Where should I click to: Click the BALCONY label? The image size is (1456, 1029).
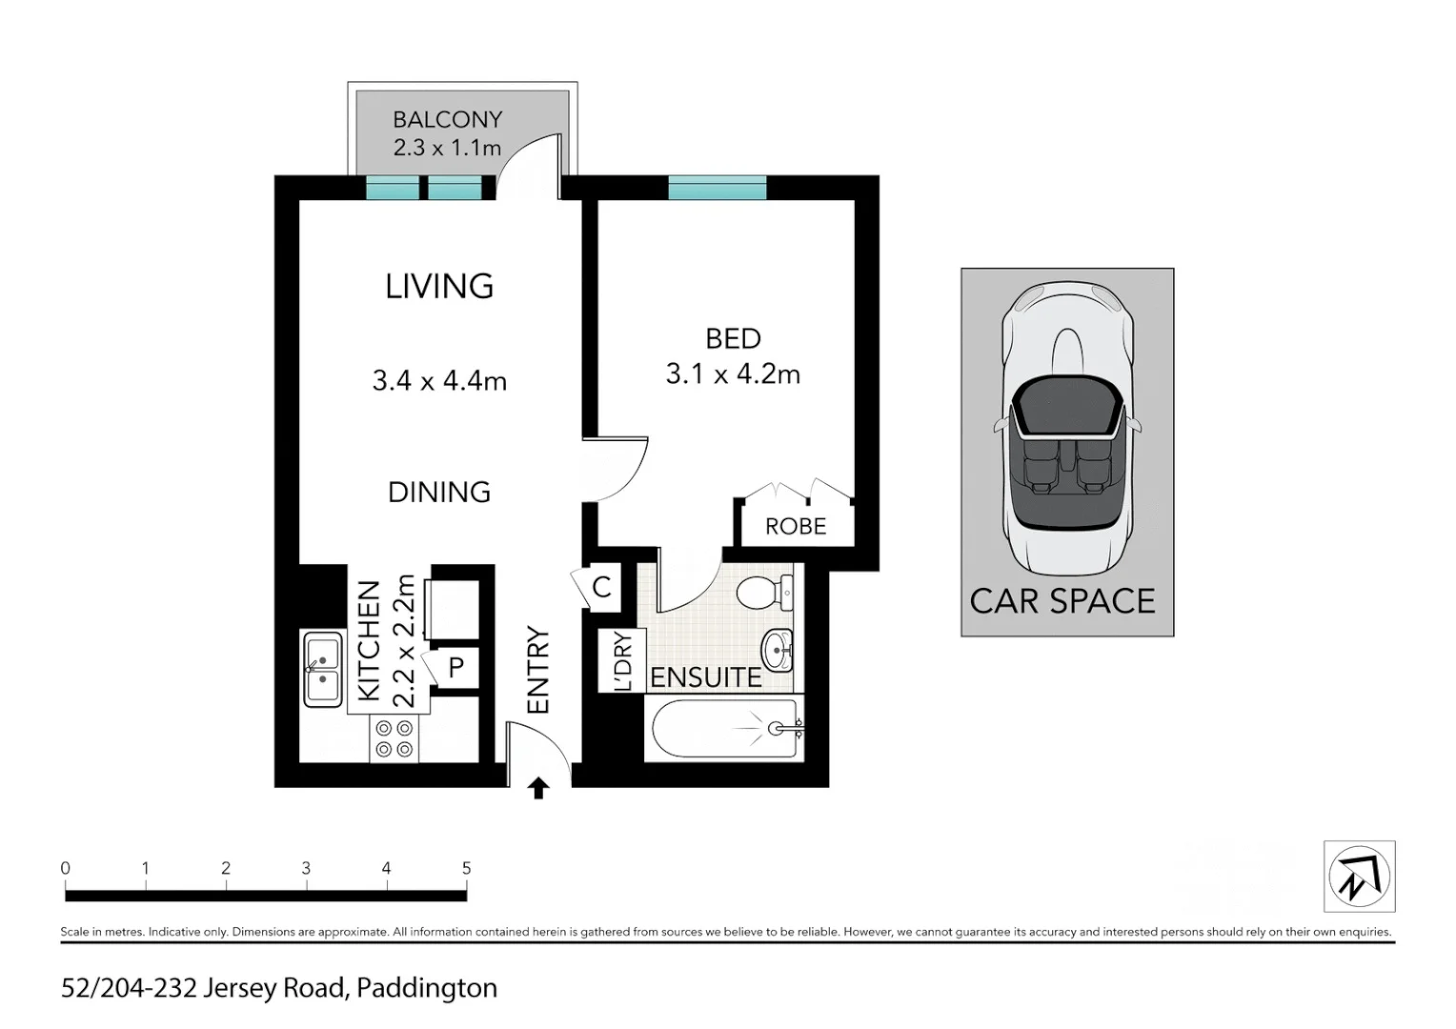447,120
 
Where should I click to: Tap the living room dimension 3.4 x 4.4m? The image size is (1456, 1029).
439,381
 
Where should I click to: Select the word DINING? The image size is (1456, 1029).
439,492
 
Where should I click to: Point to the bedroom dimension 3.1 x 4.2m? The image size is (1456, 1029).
733,373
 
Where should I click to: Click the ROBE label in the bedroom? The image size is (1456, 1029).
796,527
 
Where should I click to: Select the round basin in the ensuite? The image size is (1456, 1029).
778,650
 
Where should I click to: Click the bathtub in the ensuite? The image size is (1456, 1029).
724,730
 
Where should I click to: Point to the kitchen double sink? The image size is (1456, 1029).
322,669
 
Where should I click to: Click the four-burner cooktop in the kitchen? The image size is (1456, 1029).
394,739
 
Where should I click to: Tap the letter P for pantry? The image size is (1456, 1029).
456,667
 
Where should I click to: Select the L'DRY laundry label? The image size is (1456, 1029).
622,660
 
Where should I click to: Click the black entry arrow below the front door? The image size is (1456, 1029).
538,788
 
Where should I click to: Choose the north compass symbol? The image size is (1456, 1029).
1359,877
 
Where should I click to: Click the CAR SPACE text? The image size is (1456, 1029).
1062,601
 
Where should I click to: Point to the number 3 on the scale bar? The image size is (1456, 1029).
306,868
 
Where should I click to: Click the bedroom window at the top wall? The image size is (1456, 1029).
717,188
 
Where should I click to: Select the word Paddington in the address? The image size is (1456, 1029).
427,988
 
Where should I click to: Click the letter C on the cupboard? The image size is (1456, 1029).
601,586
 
